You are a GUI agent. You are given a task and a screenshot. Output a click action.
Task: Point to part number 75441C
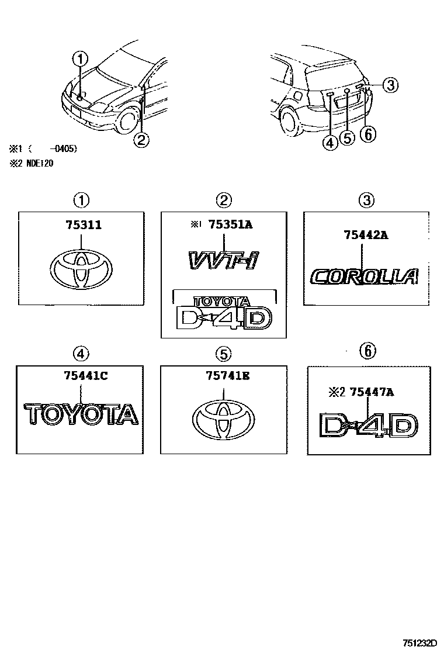click(85, 377)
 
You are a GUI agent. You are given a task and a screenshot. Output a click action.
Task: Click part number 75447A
click(371, 392)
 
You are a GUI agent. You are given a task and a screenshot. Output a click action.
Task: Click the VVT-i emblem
click(223, 259)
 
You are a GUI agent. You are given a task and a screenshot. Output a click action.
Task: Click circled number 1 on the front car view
click(80, 58)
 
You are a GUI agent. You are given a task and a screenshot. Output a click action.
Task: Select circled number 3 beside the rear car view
click(390, 85)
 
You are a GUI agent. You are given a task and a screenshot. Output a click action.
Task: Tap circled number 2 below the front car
click(140, 139)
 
